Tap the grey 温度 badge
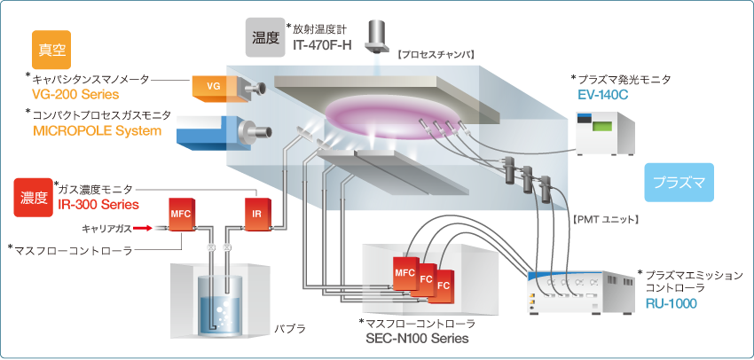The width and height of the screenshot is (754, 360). (265, 37)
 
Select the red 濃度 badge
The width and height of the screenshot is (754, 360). (35, 197)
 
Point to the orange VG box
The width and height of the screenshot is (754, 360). (213, 86)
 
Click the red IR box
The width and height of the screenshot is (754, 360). (255, 215)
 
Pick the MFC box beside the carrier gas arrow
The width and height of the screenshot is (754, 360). (181, 215)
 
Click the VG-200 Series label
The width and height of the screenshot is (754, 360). (75, 94)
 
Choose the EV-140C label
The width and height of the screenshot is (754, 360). (606, 93)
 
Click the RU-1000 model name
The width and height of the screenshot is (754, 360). (671, 302)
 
